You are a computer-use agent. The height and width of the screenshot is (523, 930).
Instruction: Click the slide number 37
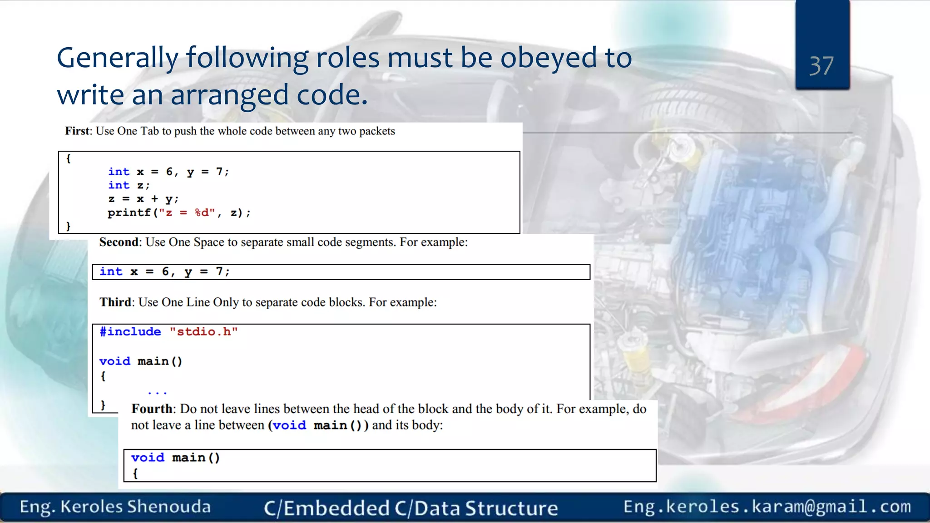click(821, 66)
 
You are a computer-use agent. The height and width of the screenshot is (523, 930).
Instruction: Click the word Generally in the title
click(118, 59)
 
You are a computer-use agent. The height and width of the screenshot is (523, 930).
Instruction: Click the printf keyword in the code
click(129, 212)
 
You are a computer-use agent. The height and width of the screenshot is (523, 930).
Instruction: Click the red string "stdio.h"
click(203, 332)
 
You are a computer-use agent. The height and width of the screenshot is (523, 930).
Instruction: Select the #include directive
click(130, 332)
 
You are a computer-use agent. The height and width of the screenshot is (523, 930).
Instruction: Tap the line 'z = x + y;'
click(143, 199)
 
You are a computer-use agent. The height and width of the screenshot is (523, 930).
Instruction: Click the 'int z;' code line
click(129, 185)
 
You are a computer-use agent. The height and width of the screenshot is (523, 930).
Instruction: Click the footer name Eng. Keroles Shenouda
click(115, 507)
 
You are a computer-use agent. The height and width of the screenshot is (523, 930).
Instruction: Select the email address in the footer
click(767, 507)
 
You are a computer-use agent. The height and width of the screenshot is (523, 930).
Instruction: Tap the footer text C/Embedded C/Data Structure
click(411, 508)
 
